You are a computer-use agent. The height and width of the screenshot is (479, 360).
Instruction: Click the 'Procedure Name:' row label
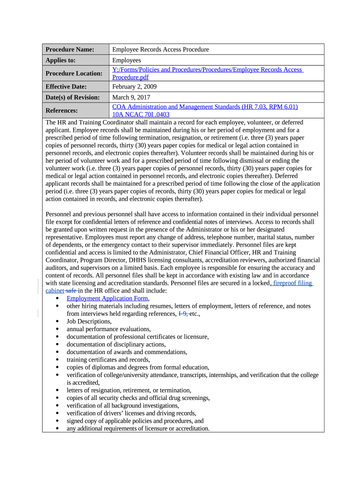[x=70, y=50]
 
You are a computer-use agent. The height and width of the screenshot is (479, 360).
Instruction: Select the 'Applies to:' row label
[x=60, y=60]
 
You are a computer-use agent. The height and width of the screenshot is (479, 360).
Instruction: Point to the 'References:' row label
[x=61, y=110]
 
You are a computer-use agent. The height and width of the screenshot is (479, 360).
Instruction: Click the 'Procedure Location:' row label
[x=74, y=73]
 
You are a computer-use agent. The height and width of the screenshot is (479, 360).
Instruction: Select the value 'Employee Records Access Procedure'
[x=160, y=50]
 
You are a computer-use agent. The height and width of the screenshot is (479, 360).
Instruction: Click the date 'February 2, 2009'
[x=135, y=87]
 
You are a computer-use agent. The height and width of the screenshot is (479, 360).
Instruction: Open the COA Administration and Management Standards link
[x=205, y=107]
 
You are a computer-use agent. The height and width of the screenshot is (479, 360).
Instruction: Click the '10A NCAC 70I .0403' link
[x=141, y=114]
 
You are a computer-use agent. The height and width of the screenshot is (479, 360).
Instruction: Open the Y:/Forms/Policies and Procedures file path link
[x=208, y=70]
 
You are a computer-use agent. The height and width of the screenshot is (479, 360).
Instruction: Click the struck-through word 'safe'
[x=71, y=290]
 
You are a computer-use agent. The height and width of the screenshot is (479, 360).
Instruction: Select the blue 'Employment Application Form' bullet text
[x=108, y=298]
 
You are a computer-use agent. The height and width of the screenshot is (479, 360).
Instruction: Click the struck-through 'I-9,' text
[x=183, y=313]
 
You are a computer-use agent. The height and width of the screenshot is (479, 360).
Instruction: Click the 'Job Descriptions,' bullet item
[x=89, y=321]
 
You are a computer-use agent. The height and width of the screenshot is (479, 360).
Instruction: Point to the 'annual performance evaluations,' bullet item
[x=108, y=329]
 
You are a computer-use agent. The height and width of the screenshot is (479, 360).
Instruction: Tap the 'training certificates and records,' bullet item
[x=108, y=360]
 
